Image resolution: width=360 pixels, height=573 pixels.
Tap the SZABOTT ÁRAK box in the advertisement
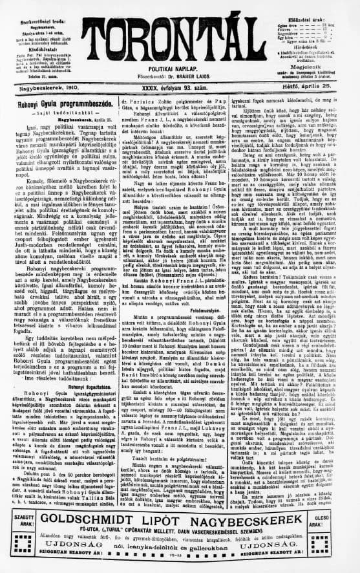pyautogui.click(x=19, y=524)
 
